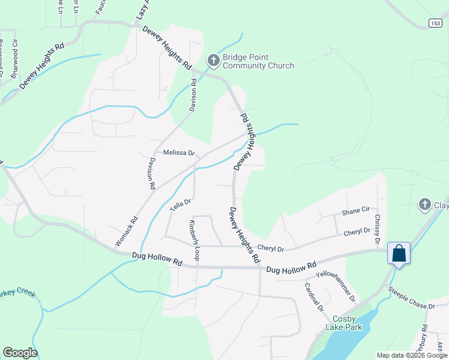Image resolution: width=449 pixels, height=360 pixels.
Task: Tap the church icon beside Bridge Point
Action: [x=213, y=61]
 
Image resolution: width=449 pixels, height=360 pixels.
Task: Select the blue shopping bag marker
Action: [x=399, y=254]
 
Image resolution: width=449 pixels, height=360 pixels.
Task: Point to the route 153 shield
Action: [x=436, y=22]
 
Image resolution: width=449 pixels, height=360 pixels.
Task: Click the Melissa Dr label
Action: [x=179, y=153]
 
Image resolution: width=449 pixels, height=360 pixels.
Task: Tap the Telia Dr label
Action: [x=179, y=205]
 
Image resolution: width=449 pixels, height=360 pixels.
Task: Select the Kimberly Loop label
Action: [x=193, y=239]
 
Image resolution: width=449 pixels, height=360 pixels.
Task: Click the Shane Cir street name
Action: [x=355, y=211]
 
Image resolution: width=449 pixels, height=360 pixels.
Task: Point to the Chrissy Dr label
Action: [x=377, y=229]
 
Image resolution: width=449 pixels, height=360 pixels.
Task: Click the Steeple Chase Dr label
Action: [x=411, y=298]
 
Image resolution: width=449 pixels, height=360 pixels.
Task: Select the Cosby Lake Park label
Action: [x=340, y=323]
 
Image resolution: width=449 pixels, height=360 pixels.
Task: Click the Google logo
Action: [x=20, y=353]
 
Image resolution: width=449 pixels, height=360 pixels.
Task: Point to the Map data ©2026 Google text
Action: [x=411, y=355]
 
